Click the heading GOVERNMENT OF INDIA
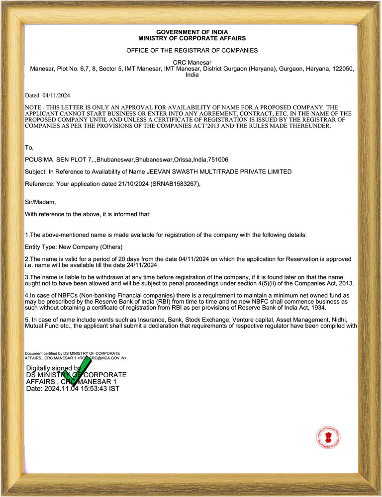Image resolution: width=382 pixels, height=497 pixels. coord(191,32)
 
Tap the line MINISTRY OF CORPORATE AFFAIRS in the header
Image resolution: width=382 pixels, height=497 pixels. coord(191,38)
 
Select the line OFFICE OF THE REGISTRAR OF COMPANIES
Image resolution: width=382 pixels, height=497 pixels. coord(191,50)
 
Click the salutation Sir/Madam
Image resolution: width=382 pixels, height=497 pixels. coord(40,202)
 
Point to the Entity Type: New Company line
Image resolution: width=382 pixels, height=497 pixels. coord(74,247)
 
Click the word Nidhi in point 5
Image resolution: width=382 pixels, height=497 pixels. coord(346,320)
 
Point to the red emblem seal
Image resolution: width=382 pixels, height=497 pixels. coord(328,437)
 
